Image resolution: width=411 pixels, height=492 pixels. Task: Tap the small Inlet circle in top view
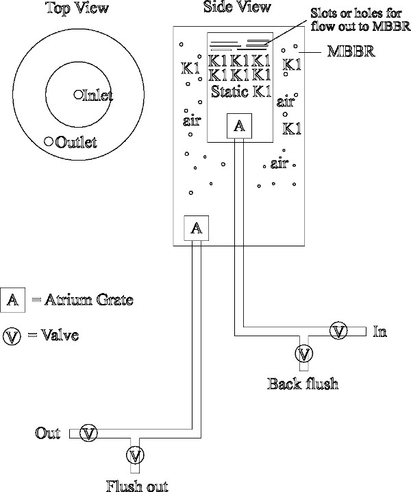point(77,95)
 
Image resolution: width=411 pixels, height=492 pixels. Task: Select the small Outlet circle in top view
point(49,141)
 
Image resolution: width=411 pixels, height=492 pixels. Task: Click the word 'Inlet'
point(97,95)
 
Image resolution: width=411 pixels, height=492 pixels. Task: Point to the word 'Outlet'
point(76,142)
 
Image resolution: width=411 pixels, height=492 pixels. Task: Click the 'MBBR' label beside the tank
point(349,51)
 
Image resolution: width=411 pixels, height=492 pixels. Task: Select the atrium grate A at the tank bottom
point(196,229)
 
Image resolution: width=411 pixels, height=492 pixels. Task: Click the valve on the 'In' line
point(338,331)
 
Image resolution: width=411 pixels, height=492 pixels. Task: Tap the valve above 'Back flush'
point(303,354)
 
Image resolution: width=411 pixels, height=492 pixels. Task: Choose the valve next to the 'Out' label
point(88,432)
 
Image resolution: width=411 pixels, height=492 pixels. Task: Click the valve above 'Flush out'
point(136,455)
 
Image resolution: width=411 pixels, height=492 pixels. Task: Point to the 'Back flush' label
point(303,383)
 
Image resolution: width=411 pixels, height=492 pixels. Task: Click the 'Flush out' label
point(137,485)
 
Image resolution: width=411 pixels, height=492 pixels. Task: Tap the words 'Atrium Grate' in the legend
point(84,299)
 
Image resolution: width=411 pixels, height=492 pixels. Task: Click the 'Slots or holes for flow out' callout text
point(360,21)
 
